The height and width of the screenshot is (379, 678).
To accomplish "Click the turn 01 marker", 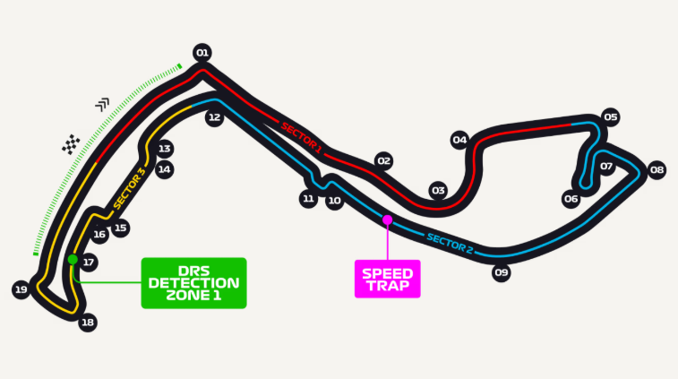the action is click(202, 53).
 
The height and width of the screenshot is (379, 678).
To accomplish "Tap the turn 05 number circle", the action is click(610, 116).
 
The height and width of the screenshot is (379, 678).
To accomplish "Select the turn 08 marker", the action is click(657, 169).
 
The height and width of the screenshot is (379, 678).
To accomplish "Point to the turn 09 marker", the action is click(502, 272).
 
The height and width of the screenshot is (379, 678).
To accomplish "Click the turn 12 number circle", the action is click(214, 117).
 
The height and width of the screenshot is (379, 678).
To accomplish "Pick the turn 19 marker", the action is click(21, 289).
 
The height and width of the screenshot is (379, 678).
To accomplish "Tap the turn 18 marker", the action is click(88, 323).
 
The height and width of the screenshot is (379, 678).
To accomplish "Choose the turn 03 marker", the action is click(438, 190).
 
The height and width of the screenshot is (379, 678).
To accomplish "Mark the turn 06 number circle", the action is click(571, 199).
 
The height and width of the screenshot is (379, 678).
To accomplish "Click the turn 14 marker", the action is click(164, 169).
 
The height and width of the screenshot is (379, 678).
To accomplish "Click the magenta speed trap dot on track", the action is click(388, 220).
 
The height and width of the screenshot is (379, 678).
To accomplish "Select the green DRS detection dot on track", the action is click(73, 259).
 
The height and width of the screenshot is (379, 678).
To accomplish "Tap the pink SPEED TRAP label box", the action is click(388, 279).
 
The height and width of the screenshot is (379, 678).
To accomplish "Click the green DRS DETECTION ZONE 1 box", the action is click(193, 283).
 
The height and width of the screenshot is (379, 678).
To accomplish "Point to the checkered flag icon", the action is click(71, 144).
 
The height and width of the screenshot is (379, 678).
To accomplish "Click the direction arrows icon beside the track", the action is click(102, 104).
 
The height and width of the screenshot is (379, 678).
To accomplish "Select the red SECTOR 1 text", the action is click(301, 138).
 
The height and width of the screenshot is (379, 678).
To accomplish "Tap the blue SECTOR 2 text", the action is click(450, 243).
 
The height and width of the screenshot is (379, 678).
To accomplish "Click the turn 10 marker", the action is click(334, 201).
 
